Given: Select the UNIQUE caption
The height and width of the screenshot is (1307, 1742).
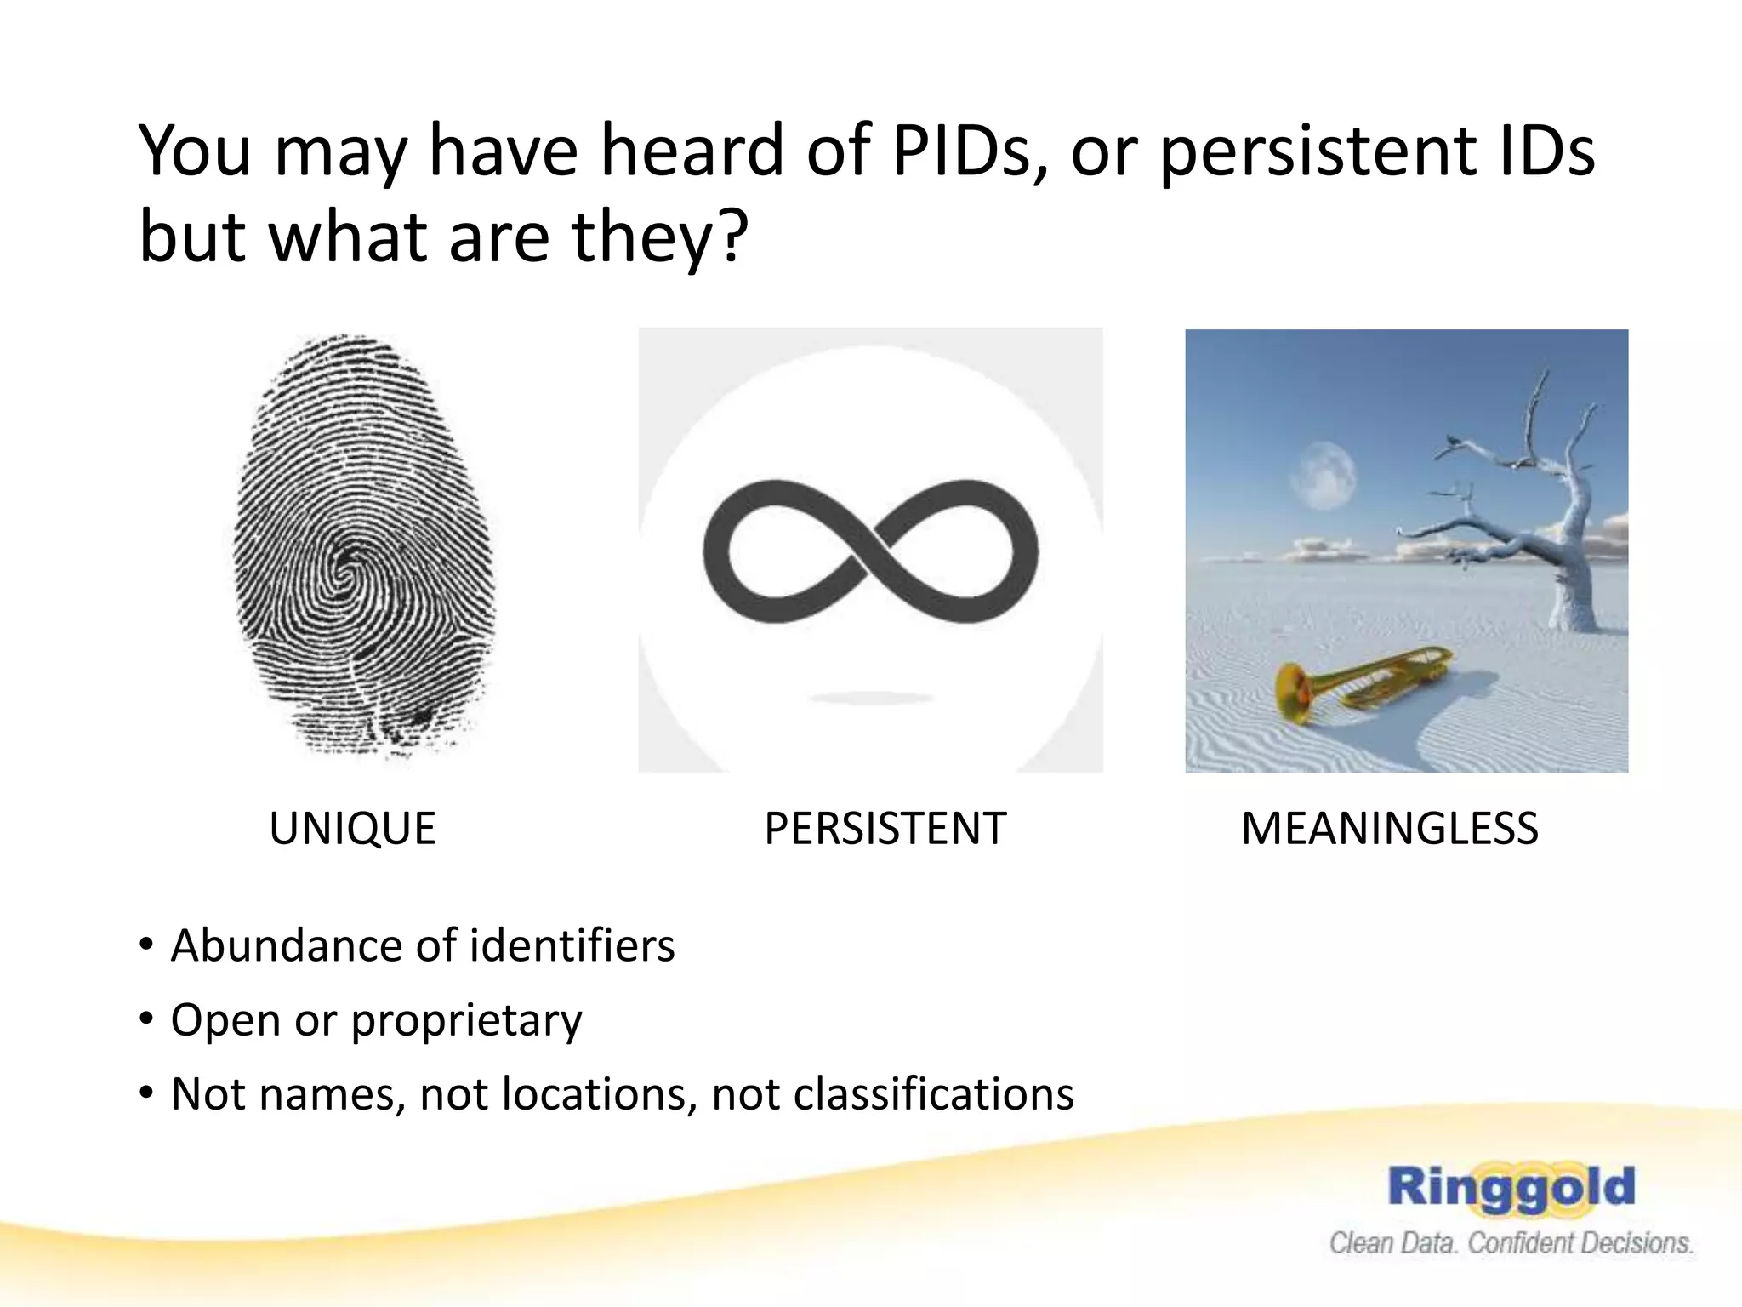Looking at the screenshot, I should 352,829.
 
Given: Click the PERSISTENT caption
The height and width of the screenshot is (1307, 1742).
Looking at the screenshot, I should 885,829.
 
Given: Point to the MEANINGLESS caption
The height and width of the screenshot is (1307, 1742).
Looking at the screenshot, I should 1390,829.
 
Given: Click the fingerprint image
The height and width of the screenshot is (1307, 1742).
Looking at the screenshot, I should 364,545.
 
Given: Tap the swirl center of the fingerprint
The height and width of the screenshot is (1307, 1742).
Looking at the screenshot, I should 347,568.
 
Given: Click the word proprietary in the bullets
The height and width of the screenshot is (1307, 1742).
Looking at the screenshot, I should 466,1021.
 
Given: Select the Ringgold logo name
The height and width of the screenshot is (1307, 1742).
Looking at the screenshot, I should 1511,1188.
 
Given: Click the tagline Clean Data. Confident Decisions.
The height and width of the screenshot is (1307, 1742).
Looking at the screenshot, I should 1511,1243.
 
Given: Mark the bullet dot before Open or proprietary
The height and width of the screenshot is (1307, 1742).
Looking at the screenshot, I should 147,1019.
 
